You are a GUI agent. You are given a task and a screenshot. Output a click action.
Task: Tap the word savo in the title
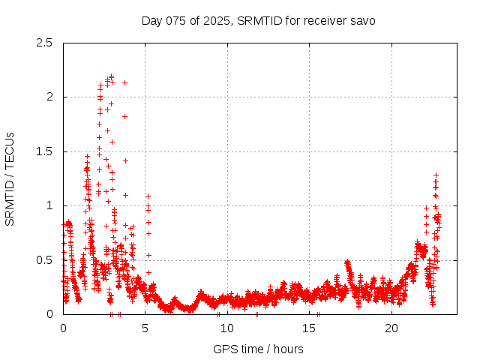[x=362, y=20]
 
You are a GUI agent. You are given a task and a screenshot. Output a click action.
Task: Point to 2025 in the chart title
[x=217, y=20]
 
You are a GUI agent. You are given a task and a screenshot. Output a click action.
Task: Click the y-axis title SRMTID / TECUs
[x=10, y=178]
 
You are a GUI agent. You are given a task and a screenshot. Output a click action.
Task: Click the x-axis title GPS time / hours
[x=258, y=349]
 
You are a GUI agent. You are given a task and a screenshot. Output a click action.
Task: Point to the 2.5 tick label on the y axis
[x=45, y=43]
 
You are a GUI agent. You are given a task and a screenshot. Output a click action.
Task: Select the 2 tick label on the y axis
[x=49, y=97]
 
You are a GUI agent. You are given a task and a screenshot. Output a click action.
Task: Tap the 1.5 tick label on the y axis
[x=45, y=151]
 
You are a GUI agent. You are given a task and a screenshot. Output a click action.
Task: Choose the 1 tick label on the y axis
[x=49, y=205]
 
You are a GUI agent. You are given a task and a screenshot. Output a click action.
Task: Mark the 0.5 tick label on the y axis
[x=45, y=260]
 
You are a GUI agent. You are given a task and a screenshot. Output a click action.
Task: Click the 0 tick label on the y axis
[x=49, y=314]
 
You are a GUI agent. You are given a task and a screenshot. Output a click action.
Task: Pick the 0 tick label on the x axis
[x=63, y=328]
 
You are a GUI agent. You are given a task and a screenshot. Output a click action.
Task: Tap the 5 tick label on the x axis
[x=145, y=328]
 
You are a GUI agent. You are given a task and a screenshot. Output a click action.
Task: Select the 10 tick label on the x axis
[x=227, y=328]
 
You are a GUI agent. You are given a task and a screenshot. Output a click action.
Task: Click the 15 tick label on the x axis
[x=309, y=328]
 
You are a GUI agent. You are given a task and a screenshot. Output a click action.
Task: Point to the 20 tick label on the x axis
[x=391, y=328]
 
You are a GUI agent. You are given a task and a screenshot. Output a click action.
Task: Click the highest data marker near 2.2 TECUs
[x=111, y=76]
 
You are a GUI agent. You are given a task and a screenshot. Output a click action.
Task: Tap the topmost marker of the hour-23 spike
[x=436, y=175]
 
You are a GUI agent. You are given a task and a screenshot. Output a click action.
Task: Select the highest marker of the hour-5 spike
[x=148, y=196]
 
